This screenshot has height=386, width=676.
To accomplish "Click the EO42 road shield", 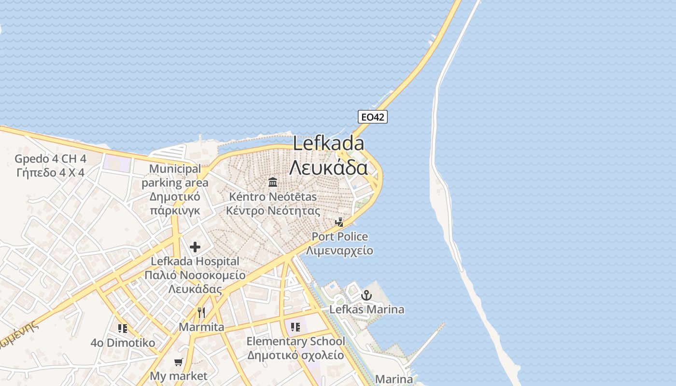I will [373, 116].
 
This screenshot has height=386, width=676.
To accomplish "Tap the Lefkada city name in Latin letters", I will [328, 144].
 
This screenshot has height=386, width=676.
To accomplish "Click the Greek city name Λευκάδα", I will [328, 167].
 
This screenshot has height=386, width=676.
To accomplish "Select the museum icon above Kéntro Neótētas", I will [273, 182].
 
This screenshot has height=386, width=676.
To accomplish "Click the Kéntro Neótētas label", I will [273, 197].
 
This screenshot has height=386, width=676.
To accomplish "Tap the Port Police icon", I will [340, 222].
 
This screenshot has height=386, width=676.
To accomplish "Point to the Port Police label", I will [339, 237].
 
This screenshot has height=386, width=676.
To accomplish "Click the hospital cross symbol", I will [195, 248].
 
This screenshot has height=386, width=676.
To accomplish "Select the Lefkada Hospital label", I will [195, 261].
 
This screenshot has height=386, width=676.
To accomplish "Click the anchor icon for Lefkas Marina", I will [367, 295].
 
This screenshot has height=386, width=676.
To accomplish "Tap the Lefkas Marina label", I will [366, 309].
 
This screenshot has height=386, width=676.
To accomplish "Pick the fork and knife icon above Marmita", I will [201, 313].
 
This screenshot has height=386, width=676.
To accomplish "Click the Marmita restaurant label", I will [201, 327].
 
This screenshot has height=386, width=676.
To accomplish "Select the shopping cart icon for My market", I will [179, 362].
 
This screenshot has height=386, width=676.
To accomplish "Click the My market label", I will [179, 376].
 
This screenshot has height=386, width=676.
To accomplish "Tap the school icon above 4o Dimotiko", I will [123, 329].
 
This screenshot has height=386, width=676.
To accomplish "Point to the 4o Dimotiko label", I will [123, 343].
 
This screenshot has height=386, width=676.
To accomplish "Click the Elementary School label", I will [296, 342].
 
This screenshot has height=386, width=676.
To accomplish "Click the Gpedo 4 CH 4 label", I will [50, 159].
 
